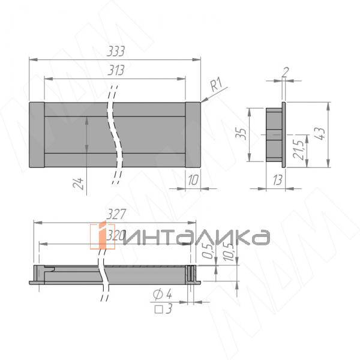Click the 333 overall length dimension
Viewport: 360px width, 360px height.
point(115,53)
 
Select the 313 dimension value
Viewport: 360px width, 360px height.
point(115,71)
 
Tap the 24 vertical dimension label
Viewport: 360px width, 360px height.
point(77,182)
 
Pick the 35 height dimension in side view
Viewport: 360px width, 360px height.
point(241,134)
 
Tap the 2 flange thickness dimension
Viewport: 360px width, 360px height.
point(286,73)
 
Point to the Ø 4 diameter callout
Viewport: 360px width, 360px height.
point(163,294)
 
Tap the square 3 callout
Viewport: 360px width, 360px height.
point(163,309)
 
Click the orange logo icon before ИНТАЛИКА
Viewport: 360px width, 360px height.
point(101,236)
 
